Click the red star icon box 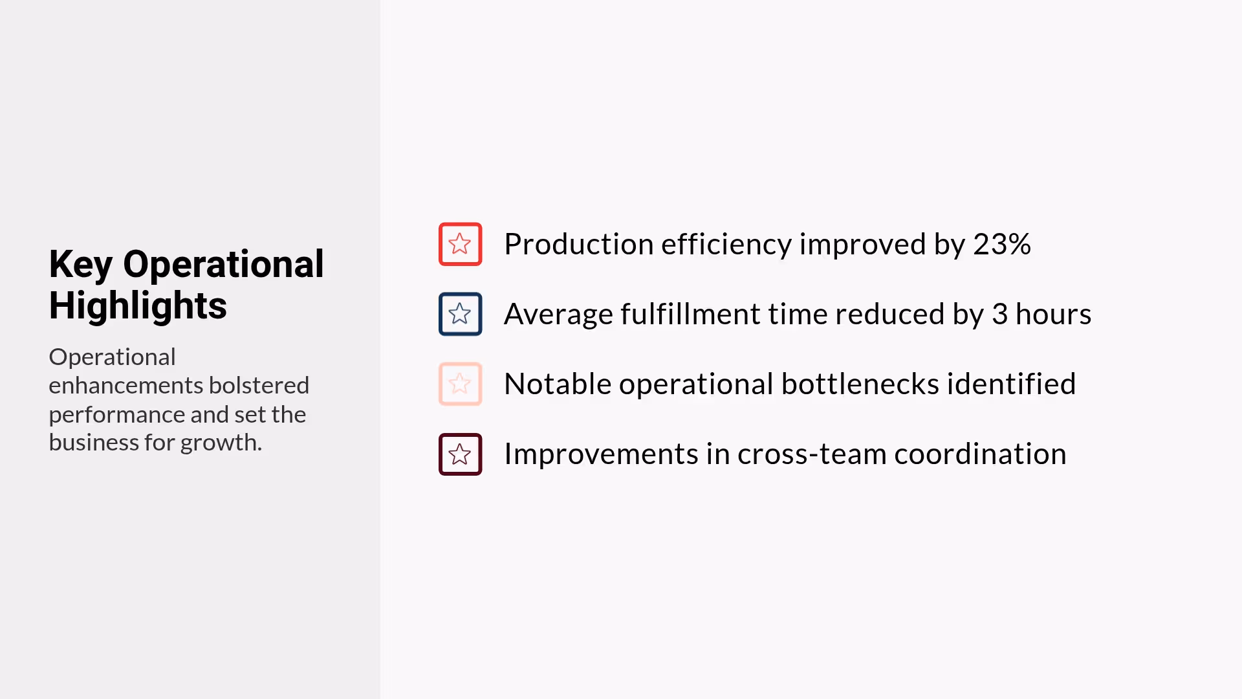[460, 244]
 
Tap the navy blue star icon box [460, 314]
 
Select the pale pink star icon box [460, 384]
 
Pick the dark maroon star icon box [460, 454]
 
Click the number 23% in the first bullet [1001, 244]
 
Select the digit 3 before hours [999, 314]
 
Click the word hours [1053, 314]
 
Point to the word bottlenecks [860, 384]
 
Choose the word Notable [557, 384]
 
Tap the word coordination [980, 454]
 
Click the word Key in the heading [80, 265]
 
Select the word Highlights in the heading [138, 305]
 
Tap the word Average [558, 314]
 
